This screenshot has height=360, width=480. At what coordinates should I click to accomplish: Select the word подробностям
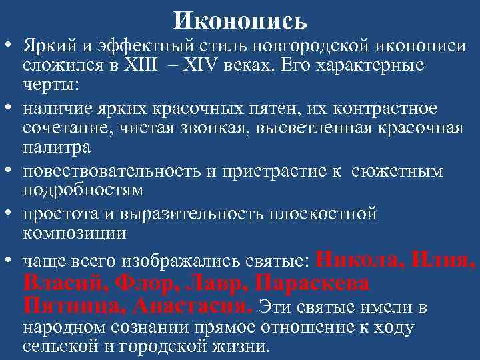(x=83, y=190)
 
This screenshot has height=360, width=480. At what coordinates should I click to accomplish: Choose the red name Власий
(x=60, y=283)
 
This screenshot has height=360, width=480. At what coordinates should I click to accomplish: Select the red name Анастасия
(x=193, y=306)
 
